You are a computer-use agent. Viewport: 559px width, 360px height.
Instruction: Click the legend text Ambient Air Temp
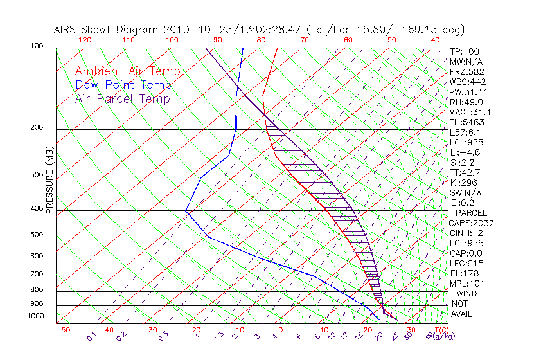[x=127, y=71]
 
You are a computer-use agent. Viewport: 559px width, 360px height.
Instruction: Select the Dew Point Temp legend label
[x=123, y=85]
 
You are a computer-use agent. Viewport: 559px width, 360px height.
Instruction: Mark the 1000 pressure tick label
[x=36, y=316]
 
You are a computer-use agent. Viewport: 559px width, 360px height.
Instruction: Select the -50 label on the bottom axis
[x=63, y=330]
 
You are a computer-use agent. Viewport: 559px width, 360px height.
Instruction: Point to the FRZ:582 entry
[x=464, y=71]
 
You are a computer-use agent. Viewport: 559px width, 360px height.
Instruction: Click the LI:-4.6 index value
[x=465, y=152]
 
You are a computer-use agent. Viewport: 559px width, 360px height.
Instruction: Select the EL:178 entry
[x=462, y=273]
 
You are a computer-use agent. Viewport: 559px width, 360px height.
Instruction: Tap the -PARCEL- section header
[x=471, y=213]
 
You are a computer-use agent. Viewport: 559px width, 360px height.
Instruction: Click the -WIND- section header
[x=467, y=293]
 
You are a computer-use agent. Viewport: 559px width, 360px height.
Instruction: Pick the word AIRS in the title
[x=66, y=30]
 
